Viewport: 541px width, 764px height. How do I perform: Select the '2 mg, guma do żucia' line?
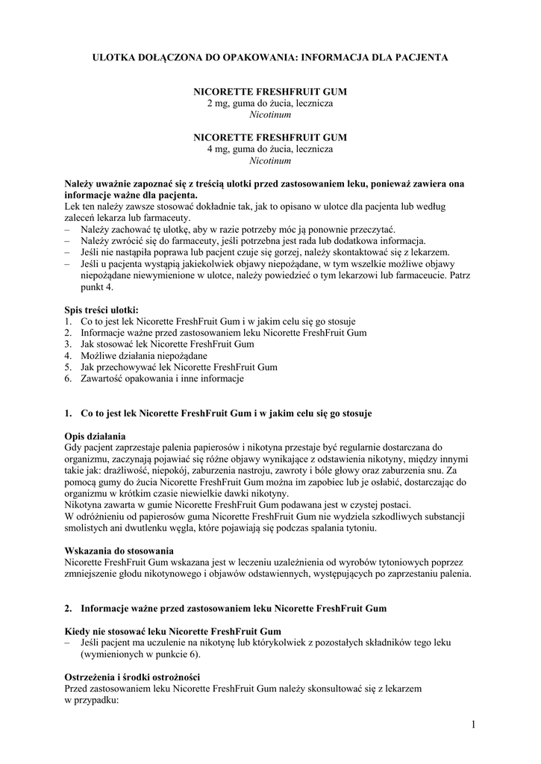click(x=269, y=103)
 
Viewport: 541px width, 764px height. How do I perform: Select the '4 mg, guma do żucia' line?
click(x=269, y=149)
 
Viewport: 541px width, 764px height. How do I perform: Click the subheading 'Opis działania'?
click(x=95, y=436)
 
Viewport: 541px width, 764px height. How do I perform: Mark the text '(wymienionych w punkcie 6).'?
click(x=140, y=654)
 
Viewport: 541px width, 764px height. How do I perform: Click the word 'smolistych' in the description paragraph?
click(x=87, y=528)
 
